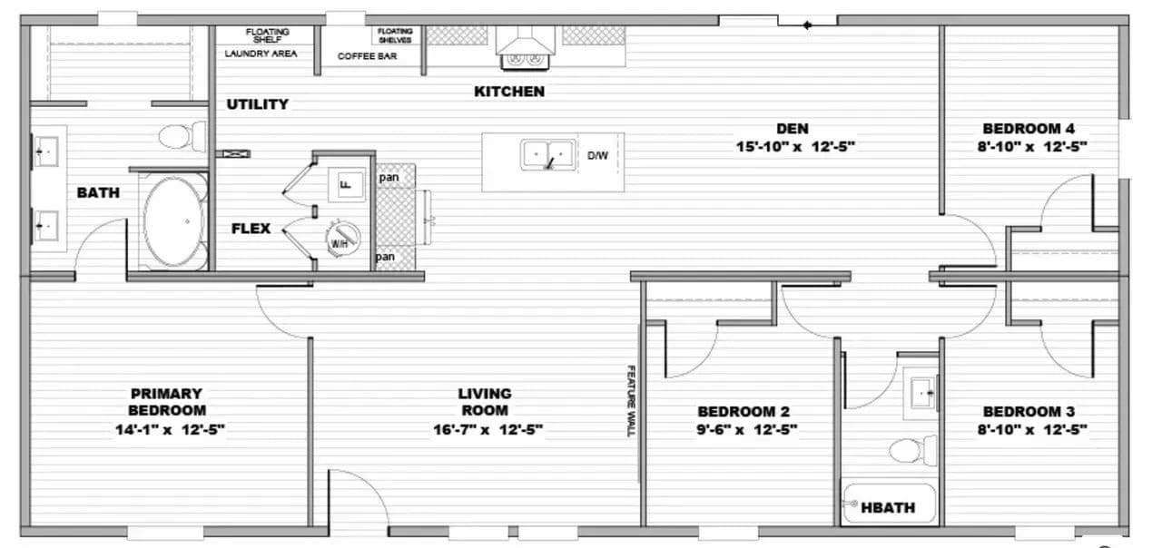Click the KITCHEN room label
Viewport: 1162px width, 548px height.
509,92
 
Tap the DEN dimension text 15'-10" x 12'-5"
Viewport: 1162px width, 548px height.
794,147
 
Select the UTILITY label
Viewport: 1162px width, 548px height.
257,104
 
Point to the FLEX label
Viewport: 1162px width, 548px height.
251,228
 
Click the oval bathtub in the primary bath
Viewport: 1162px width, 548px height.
173,221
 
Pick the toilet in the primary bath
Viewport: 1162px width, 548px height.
182,136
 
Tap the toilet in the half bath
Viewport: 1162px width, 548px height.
912,451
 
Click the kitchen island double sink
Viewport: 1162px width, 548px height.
548,154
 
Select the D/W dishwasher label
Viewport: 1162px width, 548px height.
597,155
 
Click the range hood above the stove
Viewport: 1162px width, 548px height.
525,41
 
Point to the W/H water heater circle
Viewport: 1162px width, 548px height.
342,239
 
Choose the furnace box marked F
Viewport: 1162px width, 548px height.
347,184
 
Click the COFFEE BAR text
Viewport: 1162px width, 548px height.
367,56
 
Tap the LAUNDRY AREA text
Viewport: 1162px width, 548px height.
261,54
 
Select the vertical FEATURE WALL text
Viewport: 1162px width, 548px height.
631,401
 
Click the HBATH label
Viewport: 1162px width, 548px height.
888,507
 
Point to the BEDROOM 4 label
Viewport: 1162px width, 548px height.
1029,128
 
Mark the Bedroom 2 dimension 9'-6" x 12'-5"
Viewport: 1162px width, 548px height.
746,430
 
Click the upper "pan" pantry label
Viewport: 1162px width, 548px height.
389,177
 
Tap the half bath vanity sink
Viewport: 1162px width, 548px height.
921,393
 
